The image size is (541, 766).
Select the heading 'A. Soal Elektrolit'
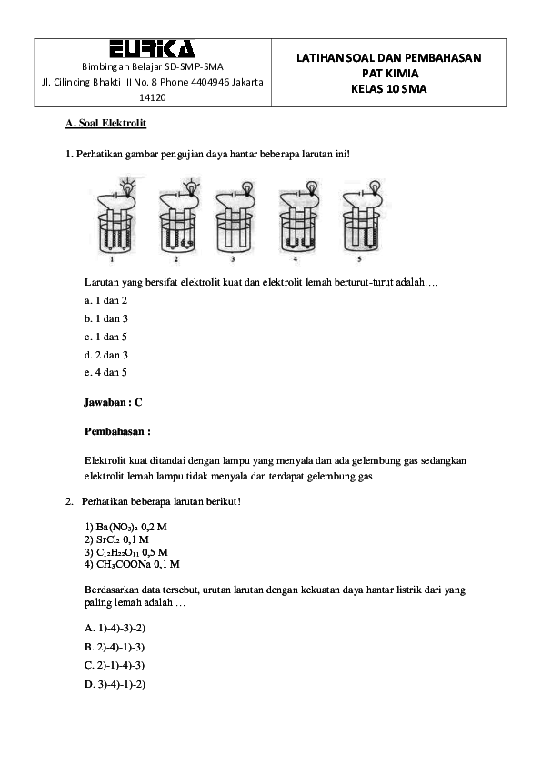click(106, 123)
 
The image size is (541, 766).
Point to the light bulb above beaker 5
click(373, 185)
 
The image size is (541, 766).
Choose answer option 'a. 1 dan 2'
click(105, 299)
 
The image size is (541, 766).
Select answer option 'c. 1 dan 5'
click(105, 336)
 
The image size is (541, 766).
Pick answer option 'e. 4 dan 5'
click(105, 372)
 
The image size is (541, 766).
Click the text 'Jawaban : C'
click(114, 401)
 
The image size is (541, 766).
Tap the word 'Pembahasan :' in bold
click(117, 430)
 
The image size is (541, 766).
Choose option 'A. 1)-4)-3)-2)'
click(115, 628)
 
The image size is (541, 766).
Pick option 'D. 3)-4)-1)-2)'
click(115, 683)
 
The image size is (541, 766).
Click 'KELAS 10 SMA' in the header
click(388, 88)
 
